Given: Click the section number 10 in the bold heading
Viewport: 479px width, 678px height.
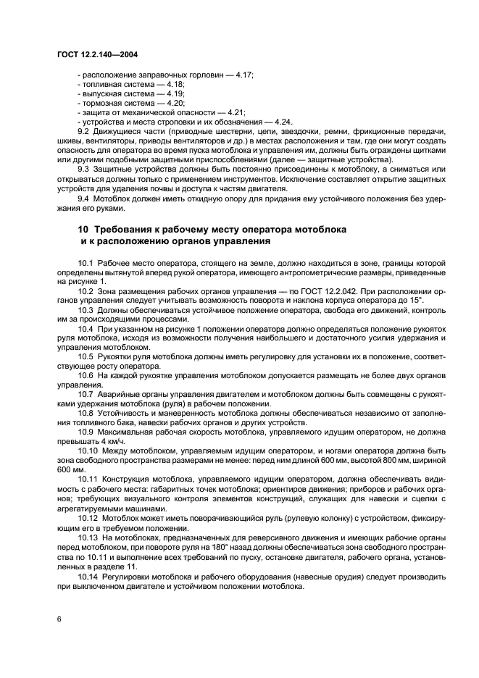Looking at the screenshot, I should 83,229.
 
